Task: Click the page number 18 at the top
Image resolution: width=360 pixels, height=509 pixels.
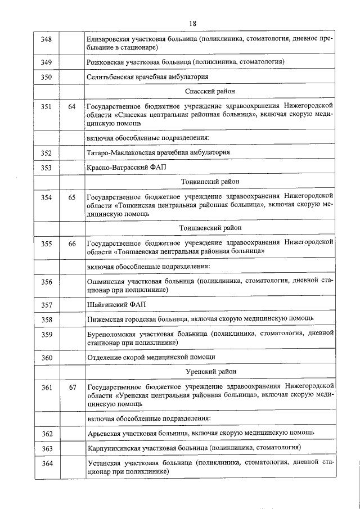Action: (x=192, y=23)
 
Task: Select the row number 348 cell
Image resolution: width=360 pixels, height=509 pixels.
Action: (x=47, y=39)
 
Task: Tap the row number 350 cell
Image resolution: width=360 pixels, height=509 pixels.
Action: (x=47, y=76)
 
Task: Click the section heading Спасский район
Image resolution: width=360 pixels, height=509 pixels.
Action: (x=210, y=91)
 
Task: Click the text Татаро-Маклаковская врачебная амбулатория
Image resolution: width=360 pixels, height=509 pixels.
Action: (x=158, y=152)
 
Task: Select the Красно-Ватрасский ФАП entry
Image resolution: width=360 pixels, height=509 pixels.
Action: (x=127, y=167)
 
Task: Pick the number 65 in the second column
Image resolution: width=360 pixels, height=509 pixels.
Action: (x=71, y=197)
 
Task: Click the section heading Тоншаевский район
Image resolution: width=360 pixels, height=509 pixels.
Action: (x=210, y=228)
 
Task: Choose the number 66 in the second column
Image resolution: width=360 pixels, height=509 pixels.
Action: (x=71, y=244)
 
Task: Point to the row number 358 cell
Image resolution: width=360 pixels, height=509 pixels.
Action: (x=47, y=319)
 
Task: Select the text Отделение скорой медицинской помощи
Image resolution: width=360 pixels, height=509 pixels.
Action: (x=151, y=357)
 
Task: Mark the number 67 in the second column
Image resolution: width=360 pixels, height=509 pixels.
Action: (x=71, y=387)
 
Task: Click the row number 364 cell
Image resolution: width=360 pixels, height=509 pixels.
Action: (x=47, y=463)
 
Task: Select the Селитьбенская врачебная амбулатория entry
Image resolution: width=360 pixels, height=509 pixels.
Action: (x=148, y=76)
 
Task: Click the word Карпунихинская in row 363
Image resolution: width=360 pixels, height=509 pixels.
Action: (x=115, y=448)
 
